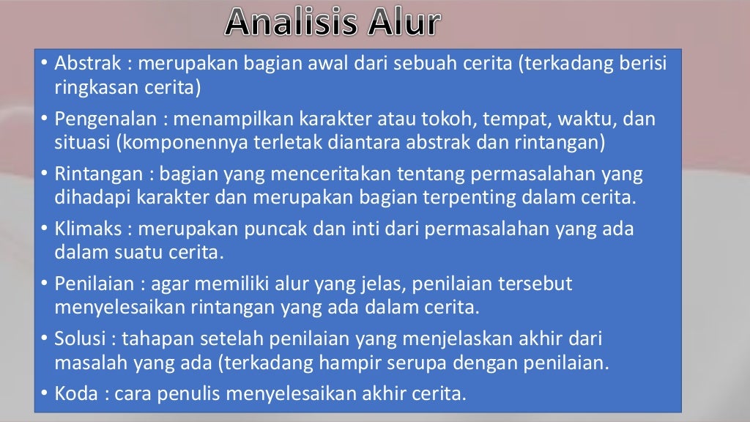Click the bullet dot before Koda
pos(45,394)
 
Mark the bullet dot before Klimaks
pos(45,229)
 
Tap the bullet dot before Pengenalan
pos(45,119)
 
